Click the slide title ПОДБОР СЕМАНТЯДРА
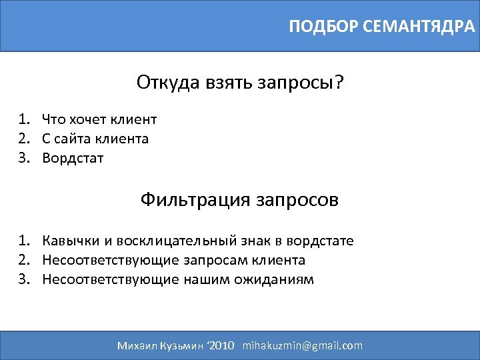pos(382,27)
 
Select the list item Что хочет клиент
pos(99,119)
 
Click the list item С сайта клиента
pos(95,139)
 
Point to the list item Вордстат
pos(73,158)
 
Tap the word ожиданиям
pos(273,279)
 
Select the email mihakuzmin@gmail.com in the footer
pos(303,345)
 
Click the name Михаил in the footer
pos(137,345)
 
